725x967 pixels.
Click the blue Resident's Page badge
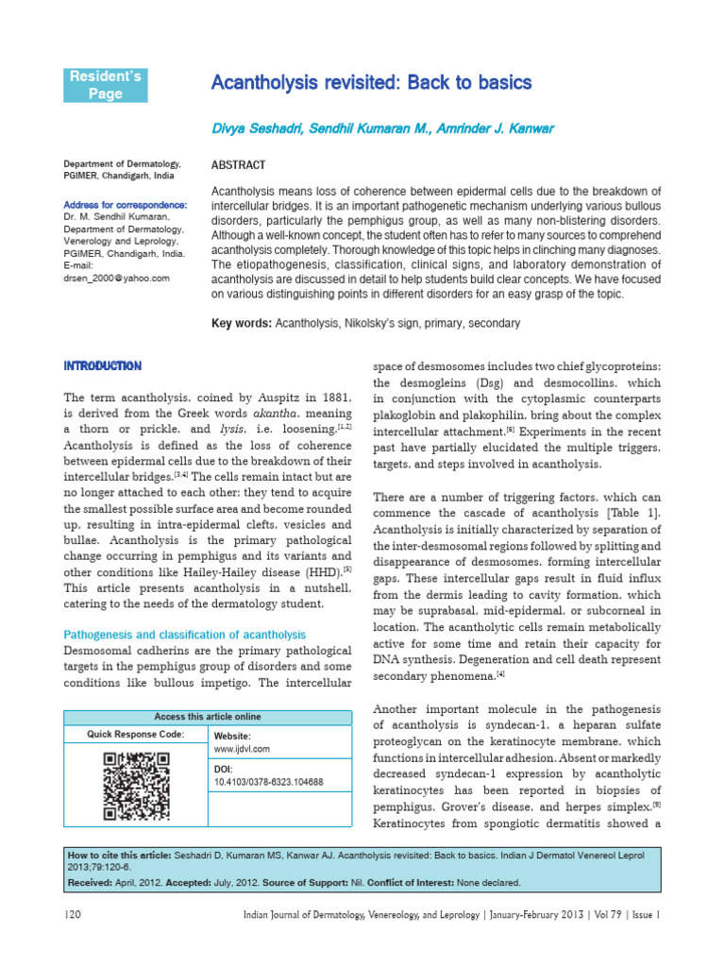coord(106,84)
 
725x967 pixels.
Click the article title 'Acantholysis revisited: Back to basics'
coord(371,83)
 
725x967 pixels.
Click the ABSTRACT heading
coord(239,164)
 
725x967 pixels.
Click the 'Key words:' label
coord(242,323)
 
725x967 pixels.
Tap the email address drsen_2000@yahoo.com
coord(116,278)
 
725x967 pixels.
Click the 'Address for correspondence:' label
coord(125,205)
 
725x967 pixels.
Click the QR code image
coord(136,785)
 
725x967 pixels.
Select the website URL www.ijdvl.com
coord(242,748)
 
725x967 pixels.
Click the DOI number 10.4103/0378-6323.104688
coord(268,782)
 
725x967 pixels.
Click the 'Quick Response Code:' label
coord(136,734)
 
